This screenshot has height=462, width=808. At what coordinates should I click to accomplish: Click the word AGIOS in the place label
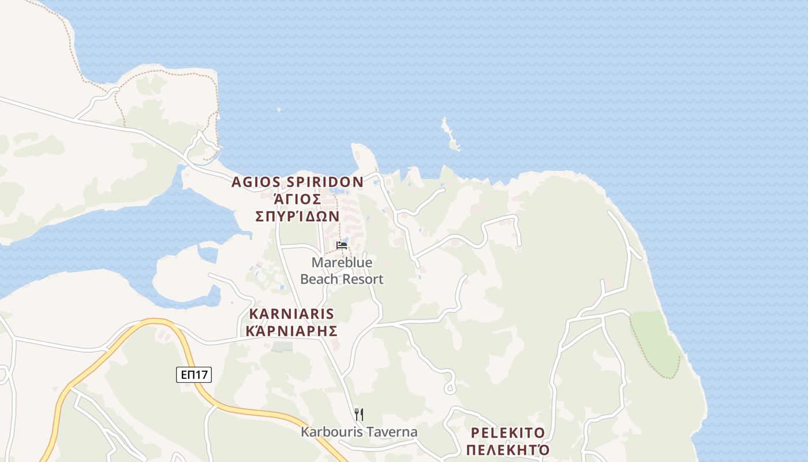click(257, 182)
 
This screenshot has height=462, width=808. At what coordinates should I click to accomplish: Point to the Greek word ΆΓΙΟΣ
click(297, 199)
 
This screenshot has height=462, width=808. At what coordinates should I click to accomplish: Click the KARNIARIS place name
click(291, 314)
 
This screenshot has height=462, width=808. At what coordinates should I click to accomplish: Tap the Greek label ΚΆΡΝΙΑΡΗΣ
click(291, 331)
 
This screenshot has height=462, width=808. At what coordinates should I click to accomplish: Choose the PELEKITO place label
click(508, 433)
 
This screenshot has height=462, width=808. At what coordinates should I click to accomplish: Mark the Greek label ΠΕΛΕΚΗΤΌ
click(508, 450)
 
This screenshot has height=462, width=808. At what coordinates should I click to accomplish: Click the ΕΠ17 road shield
click(194, 375)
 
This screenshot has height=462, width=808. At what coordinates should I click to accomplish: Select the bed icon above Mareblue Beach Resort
click(342, 245)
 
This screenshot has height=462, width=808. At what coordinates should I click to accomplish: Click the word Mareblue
click(342, 263)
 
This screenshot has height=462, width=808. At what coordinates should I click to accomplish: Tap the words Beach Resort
click(342, 280)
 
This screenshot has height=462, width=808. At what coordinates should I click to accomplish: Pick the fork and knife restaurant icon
click(359, 414)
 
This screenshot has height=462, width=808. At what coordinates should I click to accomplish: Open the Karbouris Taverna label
click(359, 432)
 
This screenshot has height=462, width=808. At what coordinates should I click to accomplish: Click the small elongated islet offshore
click(450, 135)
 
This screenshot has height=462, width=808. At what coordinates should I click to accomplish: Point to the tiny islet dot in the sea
click(279, 109)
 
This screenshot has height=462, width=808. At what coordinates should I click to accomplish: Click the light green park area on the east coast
click(655, 342)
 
